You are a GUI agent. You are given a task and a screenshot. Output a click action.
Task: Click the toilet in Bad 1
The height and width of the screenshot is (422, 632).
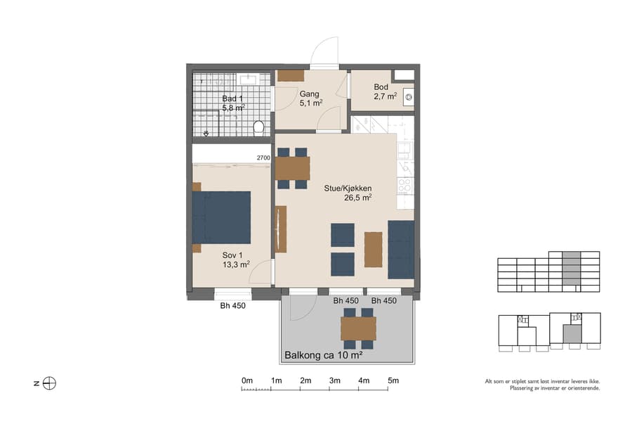tap(258, 127)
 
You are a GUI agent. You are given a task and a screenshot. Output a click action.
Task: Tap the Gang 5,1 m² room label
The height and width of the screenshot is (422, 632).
tap(310, 98)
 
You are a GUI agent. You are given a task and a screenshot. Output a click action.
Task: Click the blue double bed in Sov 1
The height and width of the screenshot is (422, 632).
tap(222, 217)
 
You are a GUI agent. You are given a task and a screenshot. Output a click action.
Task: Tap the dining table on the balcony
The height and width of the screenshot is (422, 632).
tap(358, 328)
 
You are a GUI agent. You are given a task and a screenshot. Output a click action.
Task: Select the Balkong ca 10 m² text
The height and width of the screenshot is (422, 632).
tap(323, 356)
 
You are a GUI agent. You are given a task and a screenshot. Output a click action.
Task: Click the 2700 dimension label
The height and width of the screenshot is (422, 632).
tap(263, 159)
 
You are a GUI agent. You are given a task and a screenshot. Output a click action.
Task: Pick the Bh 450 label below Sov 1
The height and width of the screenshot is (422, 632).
tap(232, 306)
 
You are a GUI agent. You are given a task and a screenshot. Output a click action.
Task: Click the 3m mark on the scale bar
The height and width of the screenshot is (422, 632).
tap(334, 381)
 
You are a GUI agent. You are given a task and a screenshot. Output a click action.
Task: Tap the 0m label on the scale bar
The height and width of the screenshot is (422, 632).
tap(247, 381)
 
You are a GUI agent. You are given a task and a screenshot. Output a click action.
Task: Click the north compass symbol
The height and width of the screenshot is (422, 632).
tap(49, 383)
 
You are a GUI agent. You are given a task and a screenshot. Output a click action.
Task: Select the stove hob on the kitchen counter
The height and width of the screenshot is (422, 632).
tap(404, 185)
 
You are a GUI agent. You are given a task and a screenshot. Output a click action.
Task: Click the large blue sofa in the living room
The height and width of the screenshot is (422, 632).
tap(401, 248)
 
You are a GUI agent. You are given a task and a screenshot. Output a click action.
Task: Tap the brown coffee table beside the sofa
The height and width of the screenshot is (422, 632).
tap(374, 249)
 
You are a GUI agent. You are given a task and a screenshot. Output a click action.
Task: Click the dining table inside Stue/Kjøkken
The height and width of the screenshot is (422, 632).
tap(292, 168)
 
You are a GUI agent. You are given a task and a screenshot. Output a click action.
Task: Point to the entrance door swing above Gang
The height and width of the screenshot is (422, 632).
tap(324, 51)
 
